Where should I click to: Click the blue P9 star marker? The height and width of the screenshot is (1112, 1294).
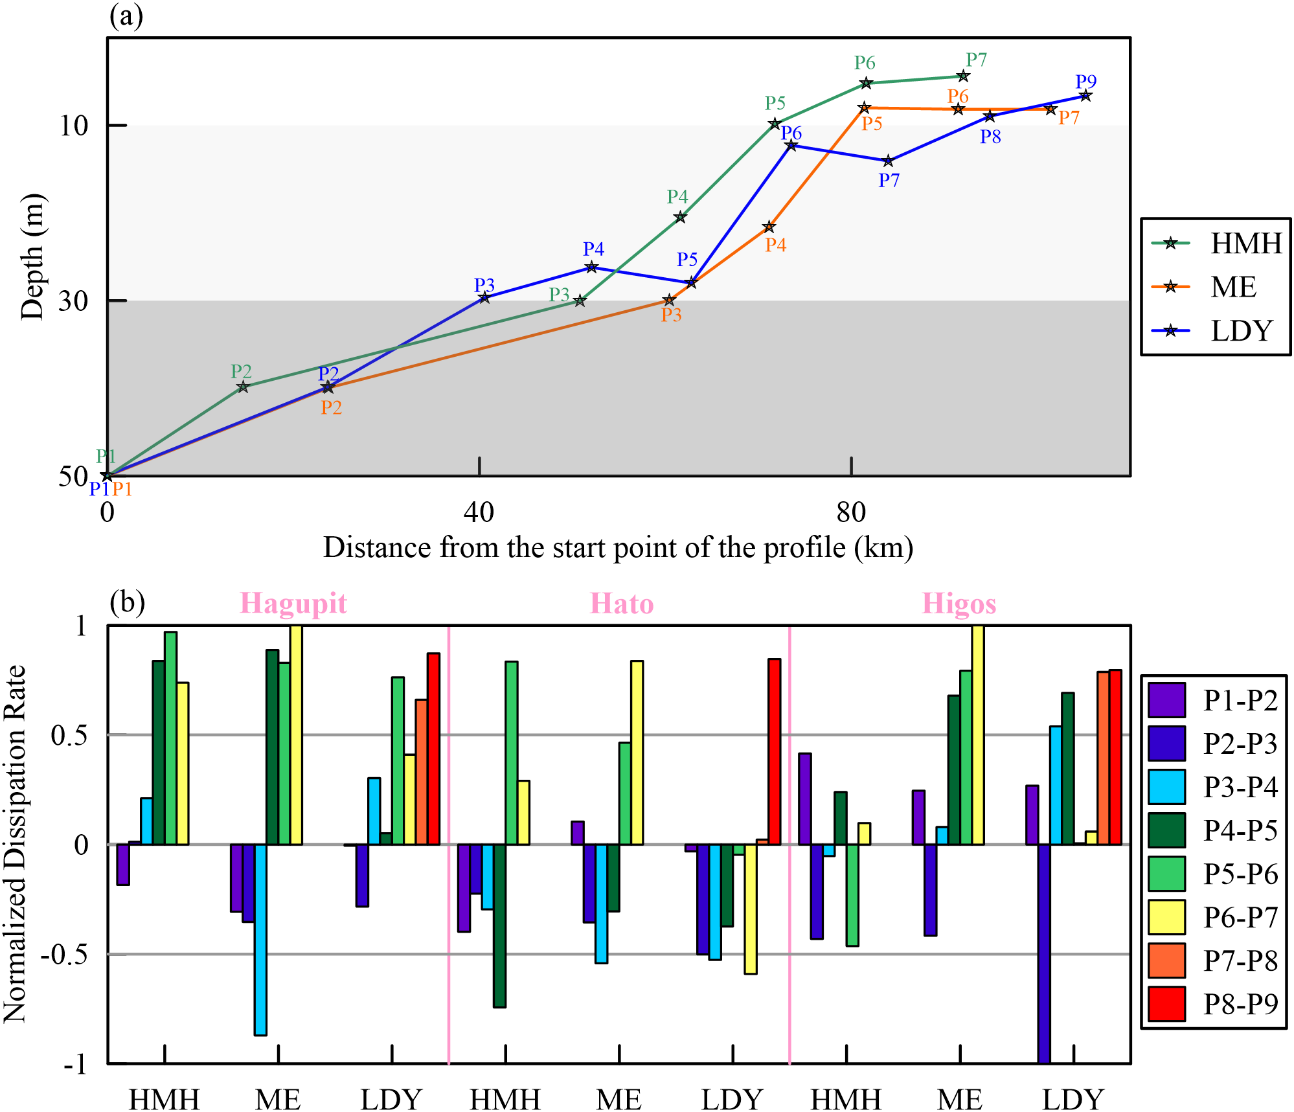pos(1085,96)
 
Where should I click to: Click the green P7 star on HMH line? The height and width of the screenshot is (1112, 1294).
pos(963,76)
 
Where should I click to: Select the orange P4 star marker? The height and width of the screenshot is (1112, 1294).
pos(769,227)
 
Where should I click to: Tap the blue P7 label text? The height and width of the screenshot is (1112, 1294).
pos(889,181)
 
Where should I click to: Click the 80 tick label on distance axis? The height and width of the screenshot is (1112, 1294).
pos(850,513)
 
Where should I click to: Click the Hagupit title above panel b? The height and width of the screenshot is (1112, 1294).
pos(293,603)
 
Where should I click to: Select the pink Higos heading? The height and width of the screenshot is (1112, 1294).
pos(959,603)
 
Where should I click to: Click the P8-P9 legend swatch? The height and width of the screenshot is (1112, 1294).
pos(1166,1004)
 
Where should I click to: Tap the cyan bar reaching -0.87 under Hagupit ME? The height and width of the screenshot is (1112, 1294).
pos(260,939)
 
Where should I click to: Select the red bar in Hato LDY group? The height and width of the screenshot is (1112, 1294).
pos(774,751)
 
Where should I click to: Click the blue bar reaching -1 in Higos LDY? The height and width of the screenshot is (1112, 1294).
pos(1043,952)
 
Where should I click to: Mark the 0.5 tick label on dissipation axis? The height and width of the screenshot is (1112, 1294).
pos(69,736)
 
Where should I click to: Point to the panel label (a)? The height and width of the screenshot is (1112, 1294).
pos(126,16)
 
